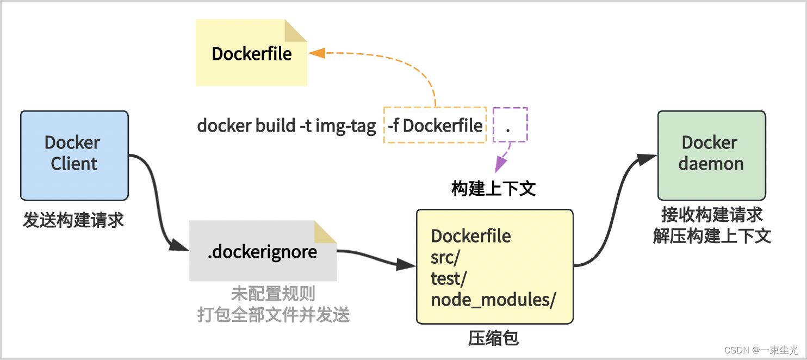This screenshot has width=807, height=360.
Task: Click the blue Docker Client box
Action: (75, 156)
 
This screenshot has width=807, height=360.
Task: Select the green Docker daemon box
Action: (711, 156)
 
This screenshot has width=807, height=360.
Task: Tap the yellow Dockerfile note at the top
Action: (251, 54)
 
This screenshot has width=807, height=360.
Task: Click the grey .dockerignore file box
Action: (263, 251)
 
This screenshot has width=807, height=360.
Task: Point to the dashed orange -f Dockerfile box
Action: (435, 126)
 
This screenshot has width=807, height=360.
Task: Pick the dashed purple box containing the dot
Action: (510, 125)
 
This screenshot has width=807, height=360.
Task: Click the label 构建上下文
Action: (493, 189)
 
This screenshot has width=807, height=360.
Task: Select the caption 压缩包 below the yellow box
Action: (493, 338)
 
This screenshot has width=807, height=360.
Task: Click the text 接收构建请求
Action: (712, 215)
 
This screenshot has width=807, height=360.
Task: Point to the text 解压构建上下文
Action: (712, 236)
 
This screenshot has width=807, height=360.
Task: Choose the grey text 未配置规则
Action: (273, 294)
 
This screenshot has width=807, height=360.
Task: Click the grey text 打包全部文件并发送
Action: (273, 315)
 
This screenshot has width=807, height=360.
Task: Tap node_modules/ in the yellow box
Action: (493, 300)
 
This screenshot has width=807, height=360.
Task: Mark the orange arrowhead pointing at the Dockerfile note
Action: (316, 53)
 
